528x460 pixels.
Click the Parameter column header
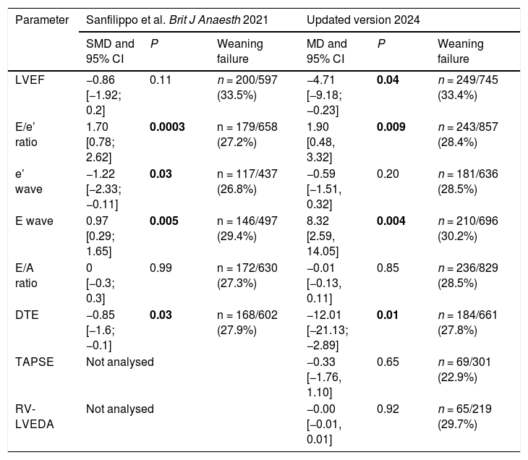[x=42, y=20]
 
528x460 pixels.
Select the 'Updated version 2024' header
[x=363, y=20]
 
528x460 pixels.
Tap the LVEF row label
[x=30, y=80]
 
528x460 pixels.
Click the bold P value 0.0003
[x=167, y=127]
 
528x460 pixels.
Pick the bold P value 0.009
[x=391, y=127]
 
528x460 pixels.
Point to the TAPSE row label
[x=34, y=362]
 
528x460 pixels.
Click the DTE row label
[x=27, y=315]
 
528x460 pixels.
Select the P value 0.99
[x=161, y=268]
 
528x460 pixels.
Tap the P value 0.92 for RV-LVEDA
[x=388, y=409]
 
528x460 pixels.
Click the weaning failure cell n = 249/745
[x=468, y=88]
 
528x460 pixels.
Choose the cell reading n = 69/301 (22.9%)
[x=464, y=370]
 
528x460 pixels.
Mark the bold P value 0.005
[x=163, y=221]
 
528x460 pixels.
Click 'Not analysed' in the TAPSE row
[x=120, y=362]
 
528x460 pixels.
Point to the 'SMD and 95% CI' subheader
[x=110, y=51]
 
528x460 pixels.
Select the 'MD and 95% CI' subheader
[x=327, y=51]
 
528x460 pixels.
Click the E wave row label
[x=34, y=221]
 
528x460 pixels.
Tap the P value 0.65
[x=388, y=362]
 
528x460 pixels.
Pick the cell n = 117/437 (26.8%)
[x=247, y=182]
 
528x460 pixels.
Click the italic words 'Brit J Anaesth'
[x=205, y=20]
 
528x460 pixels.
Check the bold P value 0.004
[x=391, y=221]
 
